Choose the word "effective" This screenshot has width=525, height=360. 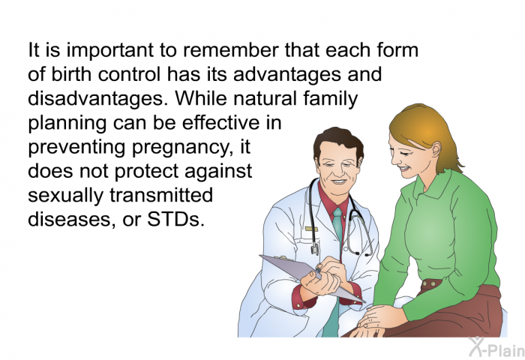pyautogui.click(x=220, y=122)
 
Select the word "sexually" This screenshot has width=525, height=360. pyautogui.click(x=66, y=196)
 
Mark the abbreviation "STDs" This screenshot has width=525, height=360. pyautogui.click(x=175, y=220)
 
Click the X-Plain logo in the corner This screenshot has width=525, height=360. pyautogui.click(x=496, y=346)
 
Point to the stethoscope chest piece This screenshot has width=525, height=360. pyautogui.click(x=315, y=249)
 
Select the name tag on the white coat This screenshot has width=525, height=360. pyautogui.click(x=311, y=229)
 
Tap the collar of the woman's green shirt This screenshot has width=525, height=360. pyautogui.click(x=432, y=184)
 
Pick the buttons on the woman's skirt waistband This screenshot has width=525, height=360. pyautogui.click(x=431, y=284)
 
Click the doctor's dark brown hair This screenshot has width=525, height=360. pyautogui.click(x=338, y=142)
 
